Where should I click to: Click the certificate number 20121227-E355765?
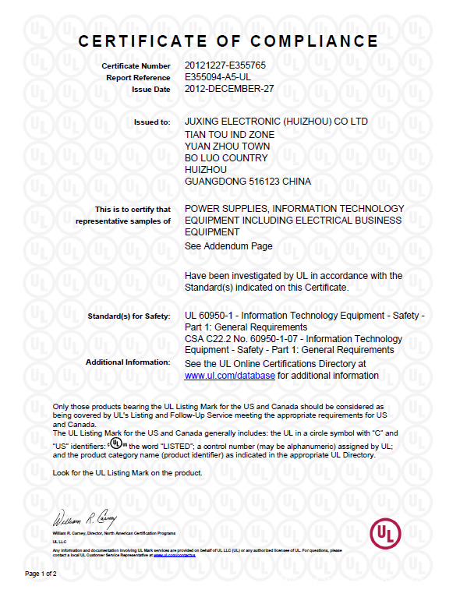(225, 65)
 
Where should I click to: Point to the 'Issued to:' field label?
(153, 123)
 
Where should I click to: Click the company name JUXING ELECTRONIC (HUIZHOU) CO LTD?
(276, 122)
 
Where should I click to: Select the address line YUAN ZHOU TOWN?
(228, 146)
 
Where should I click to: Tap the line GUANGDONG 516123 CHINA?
(247, 182)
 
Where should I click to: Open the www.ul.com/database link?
(229, 375)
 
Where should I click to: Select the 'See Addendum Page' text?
(228, 246)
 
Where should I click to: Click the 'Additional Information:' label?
(128, 362)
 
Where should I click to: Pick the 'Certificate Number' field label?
(136, 66)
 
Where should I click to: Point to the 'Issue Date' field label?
(151, 90)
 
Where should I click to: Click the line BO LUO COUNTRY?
(226, 157)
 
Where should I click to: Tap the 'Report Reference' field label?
(139, 78)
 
